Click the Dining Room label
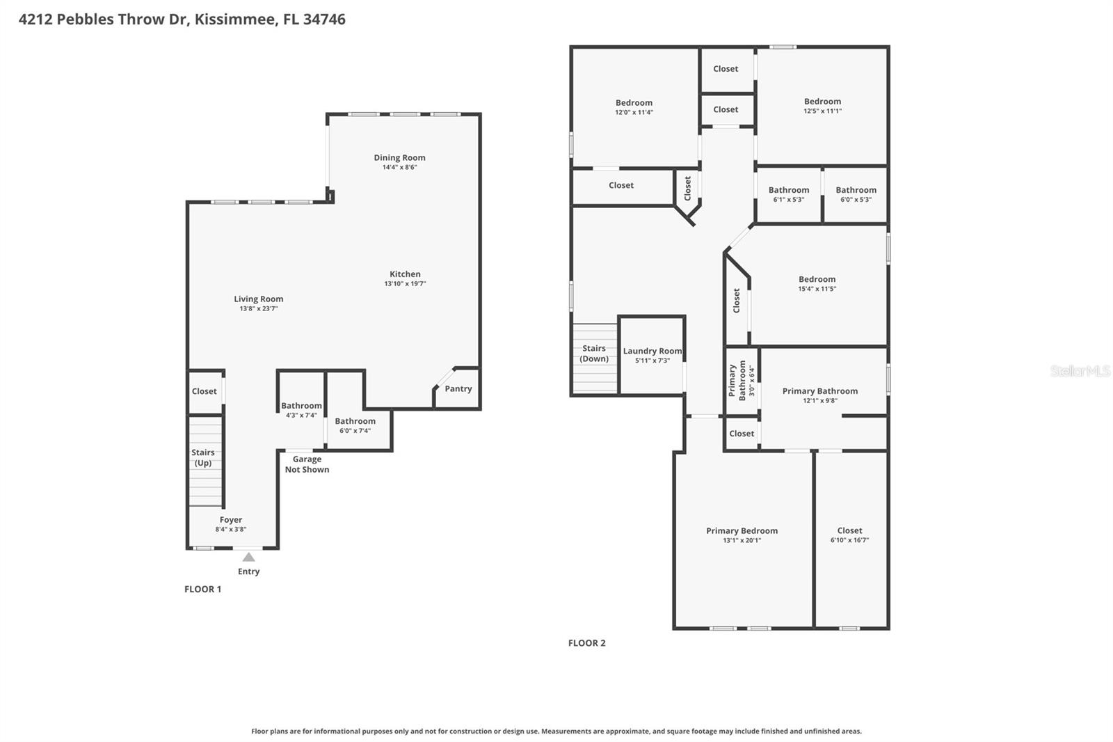(x=399, y=157)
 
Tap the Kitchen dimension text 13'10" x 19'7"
(x=405, y=284)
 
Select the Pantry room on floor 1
(x=458, y=389)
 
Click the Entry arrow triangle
(x=248, y=557)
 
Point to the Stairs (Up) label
(x=203, y=457)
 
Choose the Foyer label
(x=231, y=519)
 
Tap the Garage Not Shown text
(x=307, y=464)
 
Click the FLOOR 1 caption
(x=202, y=589)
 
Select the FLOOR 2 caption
(x=586, y=643)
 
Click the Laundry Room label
(x=652, y=351)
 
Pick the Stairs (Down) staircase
(x=594, y=358)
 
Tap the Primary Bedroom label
(x=742, y=530)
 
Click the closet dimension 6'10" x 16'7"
(x=849, y=540)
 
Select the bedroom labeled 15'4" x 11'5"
(x=817, y=284)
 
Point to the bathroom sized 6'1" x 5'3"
(x=788, y=194)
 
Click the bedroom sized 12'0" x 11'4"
(x=634, y=106)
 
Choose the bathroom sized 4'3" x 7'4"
(x=301, y=410)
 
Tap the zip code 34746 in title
(x=324, y=19)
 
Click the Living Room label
(x=258, y=299)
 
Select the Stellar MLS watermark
(x=1080, y=371)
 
